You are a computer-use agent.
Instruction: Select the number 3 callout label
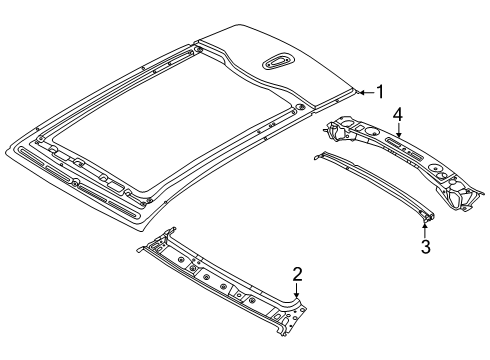[425, 246]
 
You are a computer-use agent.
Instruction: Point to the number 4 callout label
[398, 116]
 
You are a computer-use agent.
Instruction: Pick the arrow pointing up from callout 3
[425, 228]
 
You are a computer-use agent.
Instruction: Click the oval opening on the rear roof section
[279, 63]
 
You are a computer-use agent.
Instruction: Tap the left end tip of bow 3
[319, 154]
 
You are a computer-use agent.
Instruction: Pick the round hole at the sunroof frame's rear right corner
[299, 106]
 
